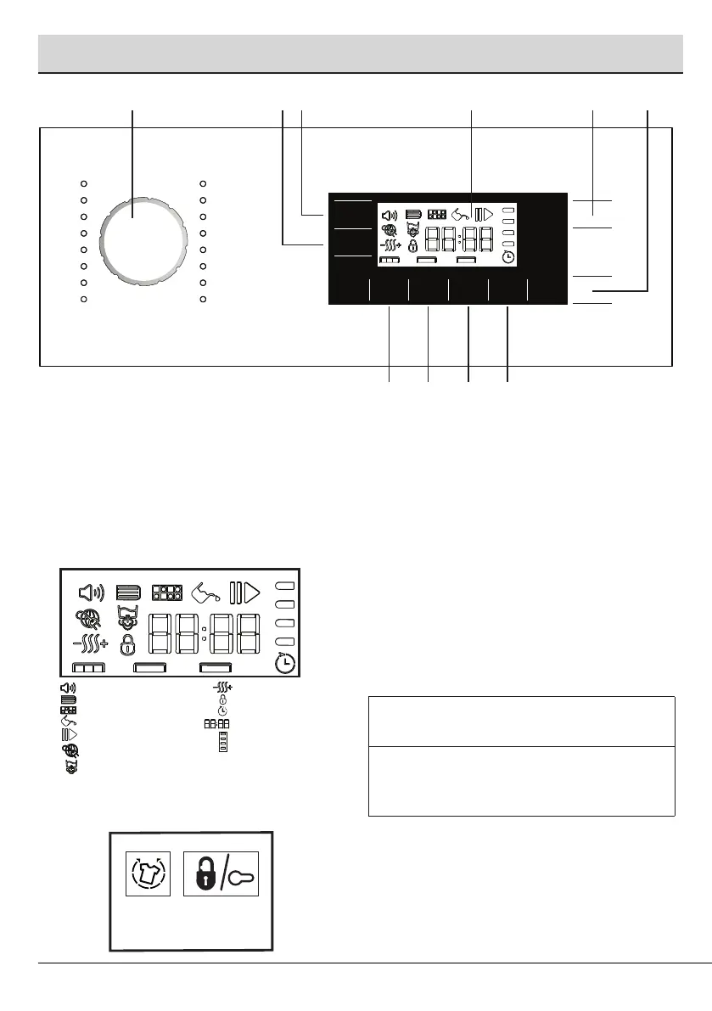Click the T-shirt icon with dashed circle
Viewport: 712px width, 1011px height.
pyautogui.click(x=149, y=873)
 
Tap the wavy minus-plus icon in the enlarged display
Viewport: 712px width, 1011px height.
pyautogui.click(x=89, y=644)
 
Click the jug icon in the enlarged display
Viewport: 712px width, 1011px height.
pyautogui.click(x=205, y=592)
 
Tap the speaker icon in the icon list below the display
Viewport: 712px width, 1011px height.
pyautogui.click(x=67, y=686)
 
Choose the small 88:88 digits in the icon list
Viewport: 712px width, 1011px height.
pyautogui.click(x=215, y=724)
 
